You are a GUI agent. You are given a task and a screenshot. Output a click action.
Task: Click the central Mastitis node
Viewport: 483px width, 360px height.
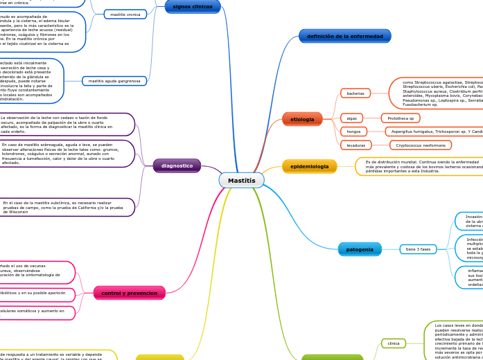click(x=241, y=180)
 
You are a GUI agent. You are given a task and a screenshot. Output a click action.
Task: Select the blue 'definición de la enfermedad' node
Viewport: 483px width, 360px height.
click(x=344, y=36)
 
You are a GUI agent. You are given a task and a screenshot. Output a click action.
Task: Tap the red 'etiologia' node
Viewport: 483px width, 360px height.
click(x=302, y=119)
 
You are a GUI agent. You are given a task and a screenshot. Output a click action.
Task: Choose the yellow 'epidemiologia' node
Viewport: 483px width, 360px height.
click(x=309, y=166)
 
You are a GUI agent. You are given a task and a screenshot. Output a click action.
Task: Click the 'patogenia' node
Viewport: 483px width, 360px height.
click(x=360, y=249)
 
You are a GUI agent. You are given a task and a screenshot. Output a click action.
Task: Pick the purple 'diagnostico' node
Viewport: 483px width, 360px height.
click(x=177, y=165)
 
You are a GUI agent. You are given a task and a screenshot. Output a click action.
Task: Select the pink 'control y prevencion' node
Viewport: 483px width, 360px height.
click(x=130, y=293)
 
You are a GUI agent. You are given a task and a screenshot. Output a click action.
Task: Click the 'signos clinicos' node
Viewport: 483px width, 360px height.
click(x=193, y=6)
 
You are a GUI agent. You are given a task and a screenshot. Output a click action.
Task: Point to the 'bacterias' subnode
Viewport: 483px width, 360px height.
click(x=355, y=93)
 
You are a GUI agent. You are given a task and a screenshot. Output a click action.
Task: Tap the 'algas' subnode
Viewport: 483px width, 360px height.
click(x=351, y=118)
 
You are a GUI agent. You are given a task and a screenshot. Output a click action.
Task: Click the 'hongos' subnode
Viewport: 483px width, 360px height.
click(x=353, y=132)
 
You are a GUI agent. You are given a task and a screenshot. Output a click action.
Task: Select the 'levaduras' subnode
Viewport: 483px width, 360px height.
click(x=355, y=145)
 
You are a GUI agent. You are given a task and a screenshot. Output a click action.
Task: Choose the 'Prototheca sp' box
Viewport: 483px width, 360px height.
click(x=401, y=118)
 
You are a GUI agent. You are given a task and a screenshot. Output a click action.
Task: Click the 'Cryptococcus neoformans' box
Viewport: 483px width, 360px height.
click(x=421, y=145)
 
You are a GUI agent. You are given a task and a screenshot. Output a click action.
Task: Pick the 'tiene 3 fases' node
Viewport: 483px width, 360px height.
click(x=418, y=249)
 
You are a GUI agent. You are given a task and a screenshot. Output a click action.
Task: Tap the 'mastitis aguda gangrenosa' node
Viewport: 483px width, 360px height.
click(x=114, y=81)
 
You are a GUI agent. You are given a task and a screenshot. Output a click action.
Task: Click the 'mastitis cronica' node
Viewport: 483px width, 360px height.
click(x=125, y=14)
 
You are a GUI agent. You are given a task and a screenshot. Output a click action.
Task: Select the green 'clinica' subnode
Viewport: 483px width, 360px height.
click(x=394, y=343)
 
